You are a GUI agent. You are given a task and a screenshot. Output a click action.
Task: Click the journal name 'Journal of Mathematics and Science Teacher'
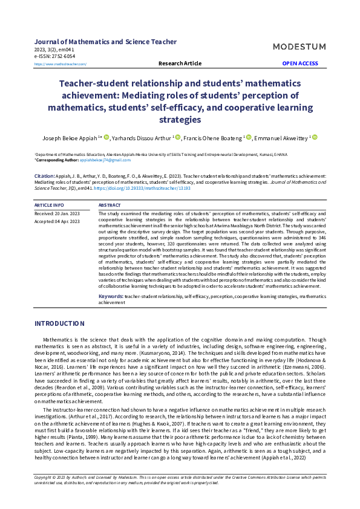pyautogui.click(x=106, y=42)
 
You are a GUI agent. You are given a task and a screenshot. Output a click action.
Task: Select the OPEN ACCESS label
pyautogui.click(x=299, y=63)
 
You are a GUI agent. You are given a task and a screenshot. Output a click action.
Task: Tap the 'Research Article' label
pyautogui.click(x=180, y=63)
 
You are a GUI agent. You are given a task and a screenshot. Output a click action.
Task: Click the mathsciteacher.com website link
pyautogui.click(x=61, y=64)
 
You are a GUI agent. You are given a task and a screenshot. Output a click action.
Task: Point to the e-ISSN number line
pyautogui.click(x=55, y=56)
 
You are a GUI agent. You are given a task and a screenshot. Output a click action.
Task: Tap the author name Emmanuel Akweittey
pyautogui.click(x=280, y=138)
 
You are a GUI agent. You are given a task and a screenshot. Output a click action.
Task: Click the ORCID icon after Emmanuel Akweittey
pyautogui.click(x=315, y=138)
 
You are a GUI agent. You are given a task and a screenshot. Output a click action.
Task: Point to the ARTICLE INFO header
pyautogui.click(x=50, y=206)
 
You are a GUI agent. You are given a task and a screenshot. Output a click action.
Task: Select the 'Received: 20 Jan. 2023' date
pyautogui.click(x=59, y=214)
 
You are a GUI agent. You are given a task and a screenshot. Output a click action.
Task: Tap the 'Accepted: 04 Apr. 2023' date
pyautogui.click(x=59, y=221)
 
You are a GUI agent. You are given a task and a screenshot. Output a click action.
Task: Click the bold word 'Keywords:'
pyautogui.click(x=111, y=297)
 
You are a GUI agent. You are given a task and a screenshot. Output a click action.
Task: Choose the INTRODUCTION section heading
pyautogui.click(x=59, y=324)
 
